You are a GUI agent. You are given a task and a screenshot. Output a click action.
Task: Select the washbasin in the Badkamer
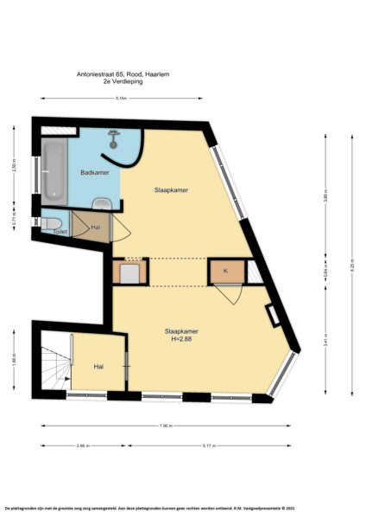(x=102, y=203)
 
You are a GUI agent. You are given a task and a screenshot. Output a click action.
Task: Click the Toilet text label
(x=59, y=232)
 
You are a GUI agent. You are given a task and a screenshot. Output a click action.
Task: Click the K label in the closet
(x=225, y=272)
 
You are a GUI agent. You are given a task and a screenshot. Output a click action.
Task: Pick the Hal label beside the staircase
(x=98, y=367)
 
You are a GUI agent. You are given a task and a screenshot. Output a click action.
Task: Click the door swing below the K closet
(x=228, y=294)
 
